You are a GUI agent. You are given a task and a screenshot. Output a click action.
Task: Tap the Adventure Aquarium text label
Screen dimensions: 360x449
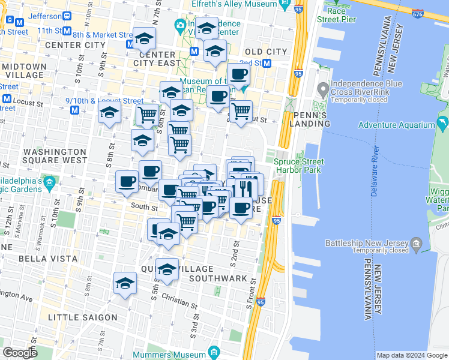click(396, 125)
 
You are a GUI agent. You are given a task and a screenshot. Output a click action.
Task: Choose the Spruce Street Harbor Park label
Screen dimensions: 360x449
click(299, 166)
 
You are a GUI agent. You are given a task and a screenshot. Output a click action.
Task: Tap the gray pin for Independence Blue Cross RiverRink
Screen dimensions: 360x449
click(323, 91)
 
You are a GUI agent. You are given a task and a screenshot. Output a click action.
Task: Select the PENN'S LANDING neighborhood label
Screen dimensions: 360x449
click(310, 119)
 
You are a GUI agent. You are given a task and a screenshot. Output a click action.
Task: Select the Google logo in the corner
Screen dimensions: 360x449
click(20, 353)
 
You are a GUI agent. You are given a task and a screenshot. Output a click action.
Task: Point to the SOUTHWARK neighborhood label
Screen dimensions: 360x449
click(218, 278)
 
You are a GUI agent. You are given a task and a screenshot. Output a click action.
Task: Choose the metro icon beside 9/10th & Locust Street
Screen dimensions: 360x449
click(74, 110)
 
